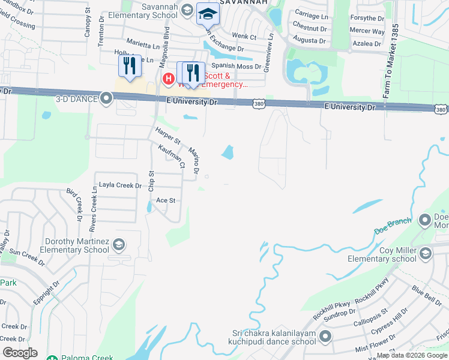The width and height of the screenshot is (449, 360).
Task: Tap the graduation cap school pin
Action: [x=208, y=14]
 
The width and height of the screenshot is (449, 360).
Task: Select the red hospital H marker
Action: [x=169, y=78]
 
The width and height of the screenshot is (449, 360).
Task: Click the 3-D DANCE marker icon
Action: [x=107, y=98]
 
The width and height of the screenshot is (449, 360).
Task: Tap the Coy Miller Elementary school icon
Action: [x=426, y=253]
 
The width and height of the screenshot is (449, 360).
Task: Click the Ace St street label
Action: [x=165, y=200]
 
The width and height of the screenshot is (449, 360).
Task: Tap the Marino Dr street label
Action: [x=194, y=161]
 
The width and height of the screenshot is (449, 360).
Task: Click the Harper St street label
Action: [x=167, y=136]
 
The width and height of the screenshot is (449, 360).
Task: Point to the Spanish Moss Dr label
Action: [x=236, y=67]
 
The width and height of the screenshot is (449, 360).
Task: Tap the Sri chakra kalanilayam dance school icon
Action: [x=325, y=337]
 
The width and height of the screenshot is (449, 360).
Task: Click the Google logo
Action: [x=20, y=353]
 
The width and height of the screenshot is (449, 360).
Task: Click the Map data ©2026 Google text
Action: [x=411, y=356]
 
